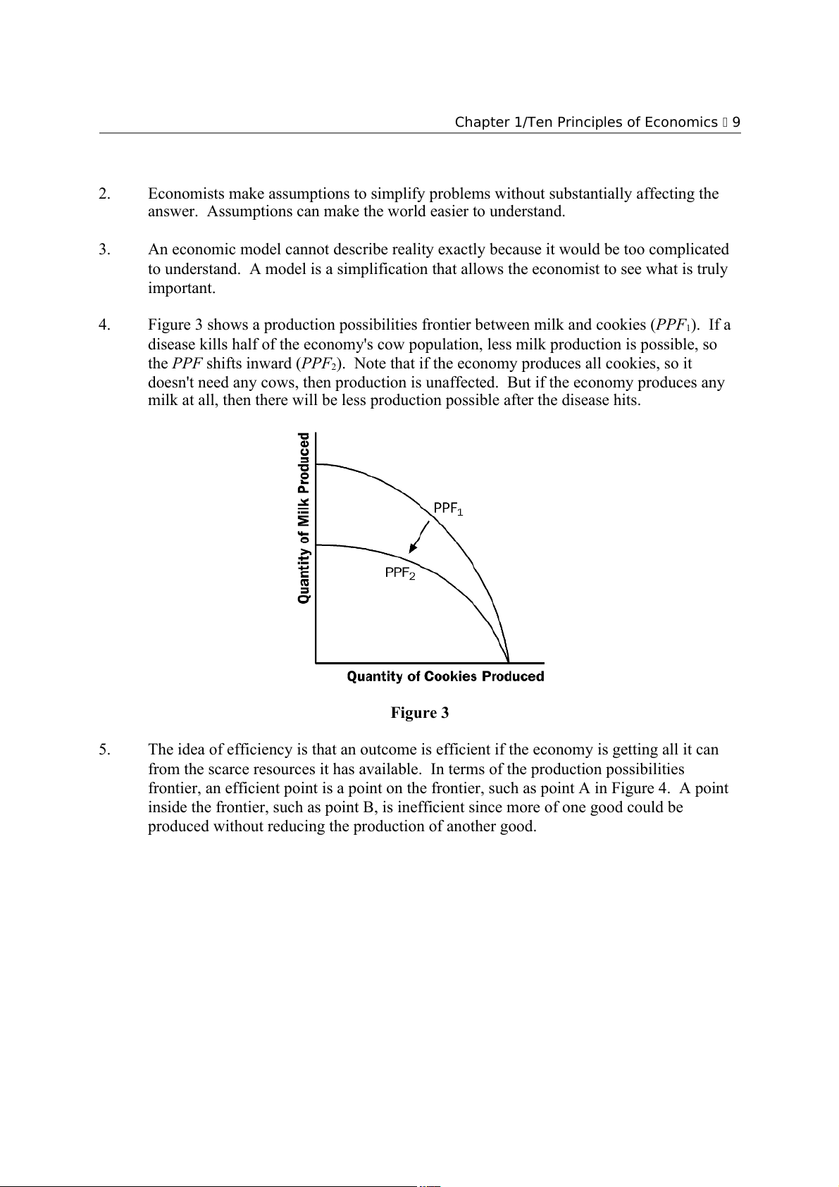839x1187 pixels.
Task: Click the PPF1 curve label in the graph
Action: click(448, 509)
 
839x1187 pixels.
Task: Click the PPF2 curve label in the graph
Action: click(399, 573)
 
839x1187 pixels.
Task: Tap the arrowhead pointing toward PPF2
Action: click(413, 549)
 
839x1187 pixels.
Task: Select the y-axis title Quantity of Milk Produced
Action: click(304, 518)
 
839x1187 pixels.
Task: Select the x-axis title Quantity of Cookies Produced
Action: click(445, 676)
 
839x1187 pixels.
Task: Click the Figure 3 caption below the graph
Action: click(420, 713)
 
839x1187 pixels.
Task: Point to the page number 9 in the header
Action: click(736, 122)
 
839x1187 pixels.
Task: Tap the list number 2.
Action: click(104, 194)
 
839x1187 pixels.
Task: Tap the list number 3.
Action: click(104, 249)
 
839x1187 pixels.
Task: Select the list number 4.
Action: click(104, 325)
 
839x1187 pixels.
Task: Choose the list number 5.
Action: click(104, 750)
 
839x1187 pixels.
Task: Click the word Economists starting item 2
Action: click(187, 194)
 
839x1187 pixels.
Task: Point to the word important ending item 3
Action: click(180, 288)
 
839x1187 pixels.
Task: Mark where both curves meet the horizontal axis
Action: click(509, 662)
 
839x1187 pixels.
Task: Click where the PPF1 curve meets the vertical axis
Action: click(316, 464)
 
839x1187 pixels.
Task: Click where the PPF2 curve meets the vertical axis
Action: click(316, 545)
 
